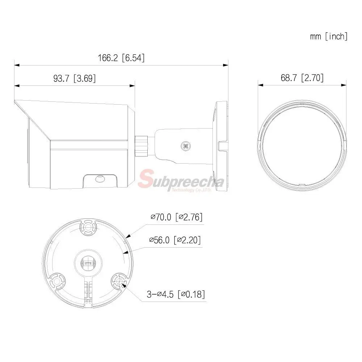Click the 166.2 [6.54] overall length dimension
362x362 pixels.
121,58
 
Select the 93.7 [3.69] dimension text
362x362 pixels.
74,78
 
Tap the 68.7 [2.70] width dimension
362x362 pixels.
302,78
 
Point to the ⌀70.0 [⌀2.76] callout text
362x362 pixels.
177,217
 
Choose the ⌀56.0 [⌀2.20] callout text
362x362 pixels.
175,240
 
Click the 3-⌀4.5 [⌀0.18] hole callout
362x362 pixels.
176,294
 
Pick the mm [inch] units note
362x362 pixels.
329,37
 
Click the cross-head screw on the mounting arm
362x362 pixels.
185,146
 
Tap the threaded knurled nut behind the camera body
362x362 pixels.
142,146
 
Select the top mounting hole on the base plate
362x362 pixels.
88,228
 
